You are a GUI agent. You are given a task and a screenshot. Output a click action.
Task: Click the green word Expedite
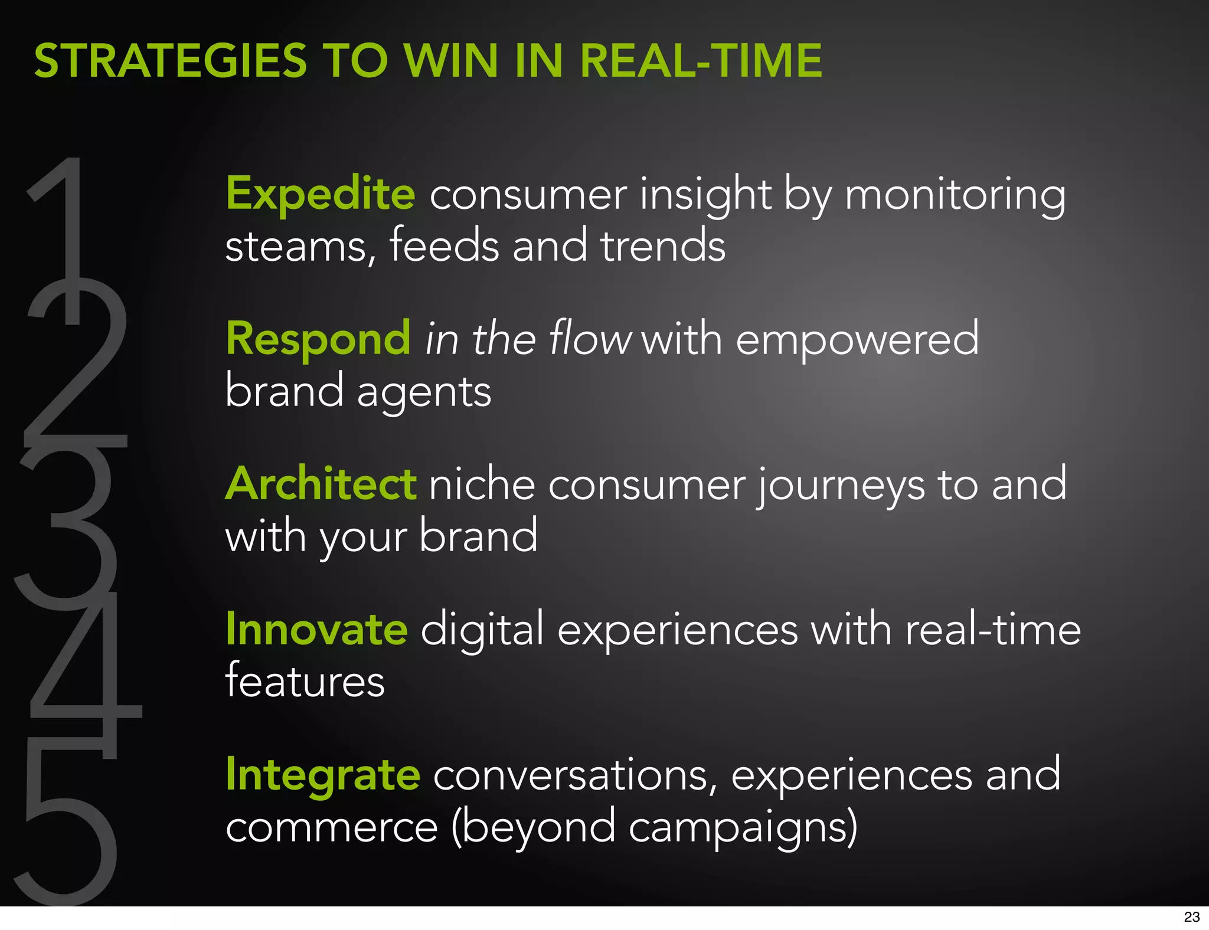321,194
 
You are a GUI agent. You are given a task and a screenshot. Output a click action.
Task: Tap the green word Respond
318,339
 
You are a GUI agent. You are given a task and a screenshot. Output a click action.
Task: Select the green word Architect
321,484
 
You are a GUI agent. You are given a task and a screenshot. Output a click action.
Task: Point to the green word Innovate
317,629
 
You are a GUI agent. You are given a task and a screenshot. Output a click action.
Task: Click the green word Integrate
323,774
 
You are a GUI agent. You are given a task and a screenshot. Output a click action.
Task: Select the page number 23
1191,917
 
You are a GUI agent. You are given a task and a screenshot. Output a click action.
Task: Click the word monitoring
955,195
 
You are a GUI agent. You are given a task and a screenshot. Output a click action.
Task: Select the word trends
662,246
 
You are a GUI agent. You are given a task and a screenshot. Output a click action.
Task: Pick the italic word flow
589,339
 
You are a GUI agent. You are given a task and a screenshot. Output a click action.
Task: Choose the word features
305,681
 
